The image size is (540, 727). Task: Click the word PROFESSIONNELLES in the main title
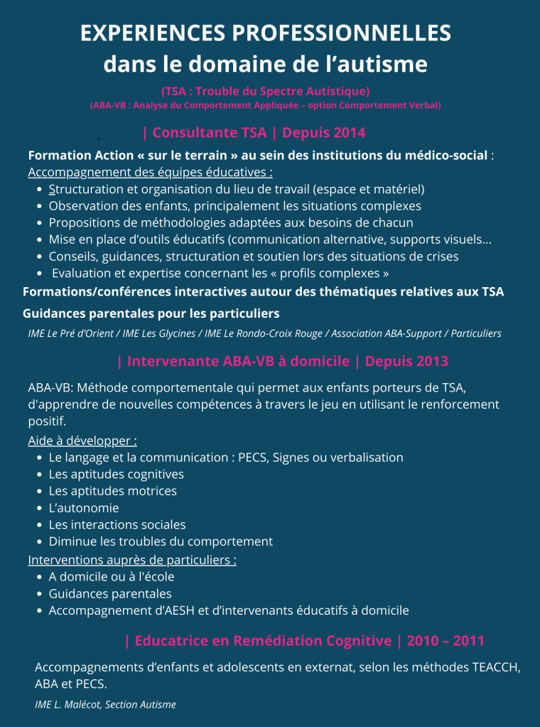coord(342,33)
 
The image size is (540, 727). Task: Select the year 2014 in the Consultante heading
coord(349,132)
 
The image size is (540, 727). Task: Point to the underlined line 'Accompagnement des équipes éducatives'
coord(150,172)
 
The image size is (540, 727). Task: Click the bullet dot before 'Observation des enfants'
coord(39,206)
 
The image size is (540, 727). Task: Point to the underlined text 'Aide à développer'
coord(82,441)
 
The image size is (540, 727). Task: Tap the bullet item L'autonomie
coord(84,508)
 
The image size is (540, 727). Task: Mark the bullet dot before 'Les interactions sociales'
coord(39,525)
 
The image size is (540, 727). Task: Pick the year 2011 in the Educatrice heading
coord(468,641)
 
